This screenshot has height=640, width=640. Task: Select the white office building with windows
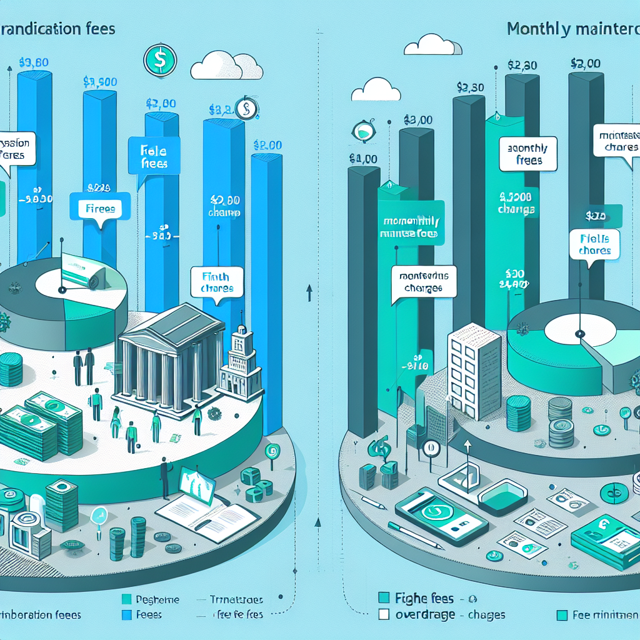click(x=474, y=370)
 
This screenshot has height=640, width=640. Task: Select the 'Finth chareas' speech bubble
click(x=216, y=282)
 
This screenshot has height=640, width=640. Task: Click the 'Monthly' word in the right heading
click(x=537, y=29)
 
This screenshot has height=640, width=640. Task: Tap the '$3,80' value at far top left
click(x=33, y=62)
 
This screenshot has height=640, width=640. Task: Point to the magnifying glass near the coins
click(x=98, y=516)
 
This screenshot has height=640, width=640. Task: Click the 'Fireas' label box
click(x=98, y=209)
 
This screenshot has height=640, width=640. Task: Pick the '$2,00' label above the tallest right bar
click(x=586, y=63)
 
